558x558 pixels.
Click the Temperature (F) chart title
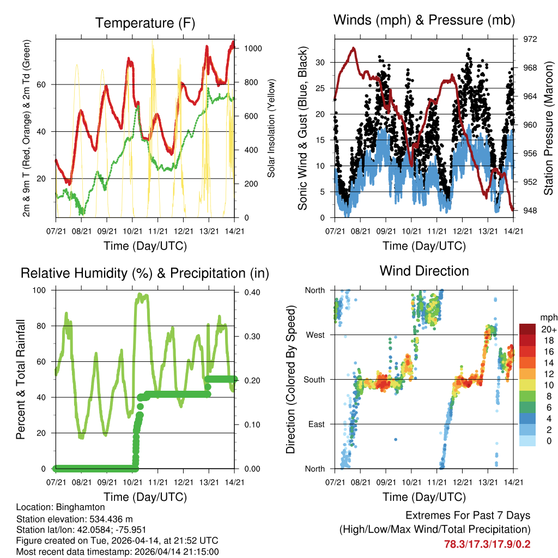pos(145,23)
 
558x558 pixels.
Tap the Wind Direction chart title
pos(424,271)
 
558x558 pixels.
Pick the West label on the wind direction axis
pos(315,335)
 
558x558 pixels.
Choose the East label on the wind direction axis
pos(316,424)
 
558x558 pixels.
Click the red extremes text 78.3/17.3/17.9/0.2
pos(487,544)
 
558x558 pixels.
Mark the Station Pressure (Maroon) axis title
pos(549,128)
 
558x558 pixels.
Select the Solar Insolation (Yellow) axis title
pos(271,128)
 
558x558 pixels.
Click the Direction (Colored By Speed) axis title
pos(291,379)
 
